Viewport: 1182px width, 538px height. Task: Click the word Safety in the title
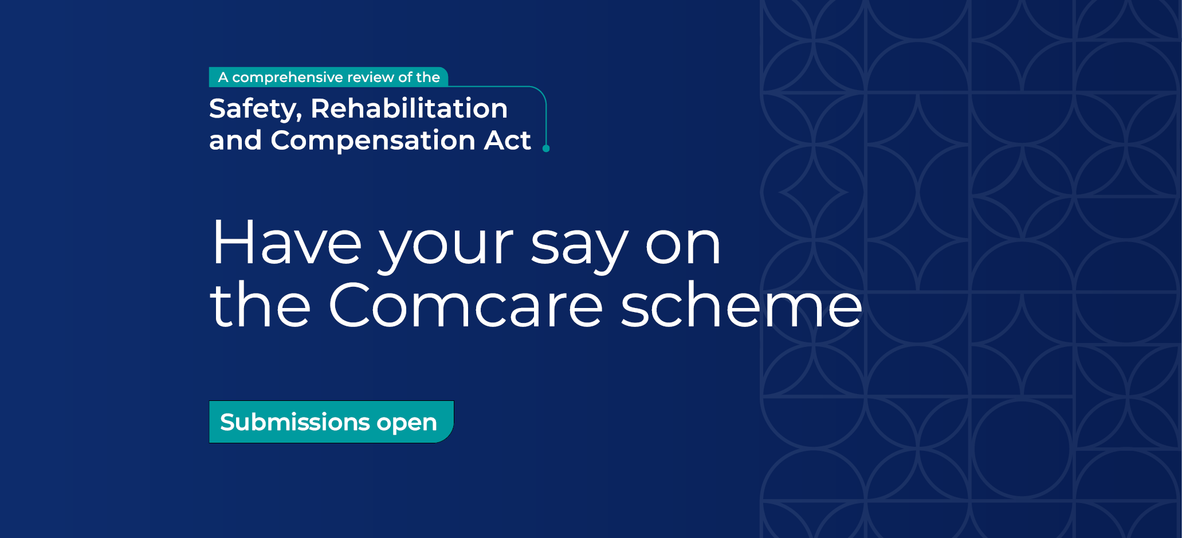(x=255, y=110)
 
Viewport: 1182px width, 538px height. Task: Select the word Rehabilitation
(x=409, y=108)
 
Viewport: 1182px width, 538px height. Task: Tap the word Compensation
(x=373, y=140)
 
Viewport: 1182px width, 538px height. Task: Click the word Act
(x=508, y=140)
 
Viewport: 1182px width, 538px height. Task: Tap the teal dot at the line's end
(x=546, y=149)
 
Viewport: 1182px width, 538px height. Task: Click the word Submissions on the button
(x=295, y=422)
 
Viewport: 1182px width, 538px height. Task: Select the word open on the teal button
(x=407, y=424)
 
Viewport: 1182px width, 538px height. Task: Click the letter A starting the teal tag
(x=223, y=77)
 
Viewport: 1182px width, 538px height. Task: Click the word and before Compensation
(x=235, y=140)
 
